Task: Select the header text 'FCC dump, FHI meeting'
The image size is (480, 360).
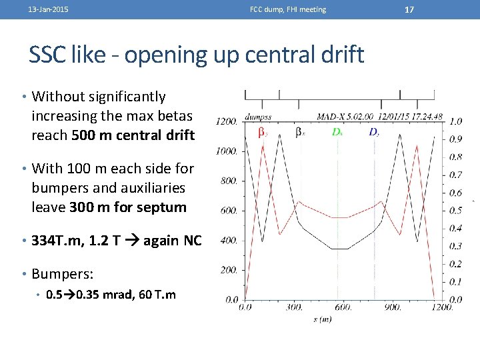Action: (x=288, y=9)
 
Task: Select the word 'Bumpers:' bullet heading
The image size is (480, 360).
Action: (x=63, y=274)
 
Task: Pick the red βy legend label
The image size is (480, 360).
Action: (x=263, y=132)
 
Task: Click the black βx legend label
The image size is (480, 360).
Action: (x=299, y=132)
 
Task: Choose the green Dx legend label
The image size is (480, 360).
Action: (x=337, y=132)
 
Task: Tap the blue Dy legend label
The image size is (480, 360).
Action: (x=374, y=132)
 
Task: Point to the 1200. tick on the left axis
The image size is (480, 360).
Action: (x=226, y=121)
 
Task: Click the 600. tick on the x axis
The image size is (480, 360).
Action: (x=343, y=307)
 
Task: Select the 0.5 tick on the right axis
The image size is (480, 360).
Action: (x=455, y=211)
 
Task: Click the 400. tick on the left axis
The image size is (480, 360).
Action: (x=227, y=240)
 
